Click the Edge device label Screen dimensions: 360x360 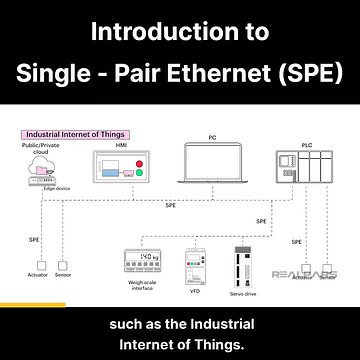click(x=56, y=187)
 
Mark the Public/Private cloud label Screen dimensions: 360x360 click(x=41, y=150)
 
